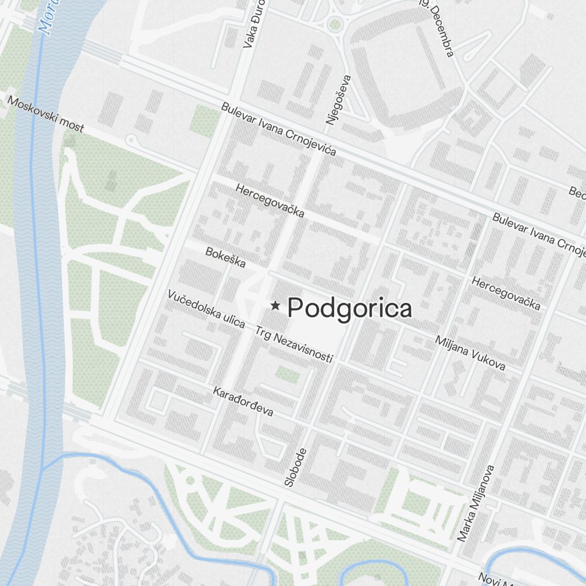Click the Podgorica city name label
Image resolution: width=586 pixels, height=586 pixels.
click(x=350, y=308)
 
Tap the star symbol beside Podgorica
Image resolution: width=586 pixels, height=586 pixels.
click(x=275, y=305)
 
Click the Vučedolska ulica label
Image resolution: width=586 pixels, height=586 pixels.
click(x=206, y=309)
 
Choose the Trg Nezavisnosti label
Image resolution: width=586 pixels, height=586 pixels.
click(x=294, y=344)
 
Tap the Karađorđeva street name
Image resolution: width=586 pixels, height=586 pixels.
click(x=243, y=401)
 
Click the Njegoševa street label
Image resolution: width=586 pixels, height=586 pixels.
click(x=339, y=100)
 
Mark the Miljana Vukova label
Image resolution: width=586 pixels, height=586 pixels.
click(x=470, y=353)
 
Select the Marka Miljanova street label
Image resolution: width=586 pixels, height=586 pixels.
click(x=477, y=503)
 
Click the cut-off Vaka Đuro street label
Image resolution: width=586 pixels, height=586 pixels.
click(x=255, y=23)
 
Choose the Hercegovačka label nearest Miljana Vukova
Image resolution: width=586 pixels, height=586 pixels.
click(x=506, y=293)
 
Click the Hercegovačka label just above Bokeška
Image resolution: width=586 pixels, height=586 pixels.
click(x=270, y=200)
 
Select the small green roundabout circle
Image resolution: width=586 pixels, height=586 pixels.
click(x=335, y=25)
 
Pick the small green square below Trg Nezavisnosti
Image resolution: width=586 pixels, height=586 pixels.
click(x=287, y=374)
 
